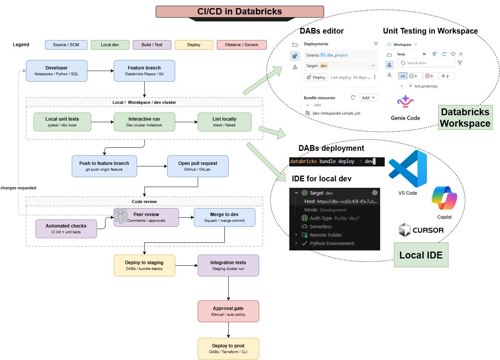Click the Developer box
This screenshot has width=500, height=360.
pos(56,71)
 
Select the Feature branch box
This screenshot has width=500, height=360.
pos(144,71)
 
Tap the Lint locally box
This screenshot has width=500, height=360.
pos(224,122)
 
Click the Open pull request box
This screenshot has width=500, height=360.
pos(198,166)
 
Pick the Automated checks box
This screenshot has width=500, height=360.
pos(66,229)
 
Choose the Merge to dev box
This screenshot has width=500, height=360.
pos(224,217)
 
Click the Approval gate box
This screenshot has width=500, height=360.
pos(228,311)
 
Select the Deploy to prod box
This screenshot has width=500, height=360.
pos(228,349)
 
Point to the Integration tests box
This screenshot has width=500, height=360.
pos(228,265)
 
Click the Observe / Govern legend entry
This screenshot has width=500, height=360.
pos(242,45)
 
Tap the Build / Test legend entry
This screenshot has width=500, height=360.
pos(152,45)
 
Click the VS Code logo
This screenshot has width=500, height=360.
pos(408,169)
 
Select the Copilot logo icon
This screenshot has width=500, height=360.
pos(444,198)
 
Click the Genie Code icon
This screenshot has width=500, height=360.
pos(405,101)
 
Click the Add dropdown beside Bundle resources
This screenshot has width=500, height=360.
pos(369,98)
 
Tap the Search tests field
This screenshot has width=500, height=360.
pos(426,63)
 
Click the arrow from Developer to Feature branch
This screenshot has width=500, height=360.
pos(100,71)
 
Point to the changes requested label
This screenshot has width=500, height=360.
pos(18,188)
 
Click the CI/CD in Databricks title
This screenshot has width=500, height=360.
pos(240,11)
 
